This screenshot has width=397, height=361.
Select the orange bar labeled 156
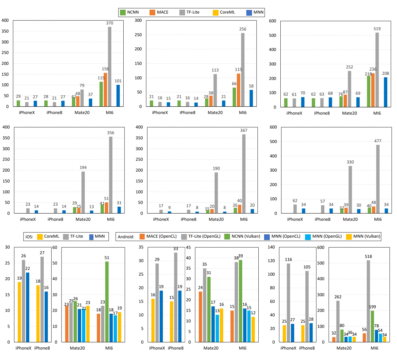105,90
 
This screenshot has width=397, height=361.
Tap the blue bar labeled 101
118,96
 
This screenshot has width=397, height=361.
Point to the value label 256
243,29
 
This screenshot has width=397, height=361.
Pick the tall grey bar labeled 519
377,70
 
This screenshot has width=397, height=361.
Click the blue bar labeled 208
385,92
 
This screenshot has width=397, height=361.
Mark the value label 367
244,130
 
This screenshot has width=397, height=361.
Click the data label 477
377,141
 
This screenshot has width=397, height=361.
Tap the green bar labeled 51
107,302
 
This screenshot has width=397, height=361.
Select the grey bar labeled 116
288,302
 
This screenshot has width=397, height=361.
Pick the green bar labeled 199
372,326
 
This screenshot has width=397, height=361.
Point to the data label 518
368,256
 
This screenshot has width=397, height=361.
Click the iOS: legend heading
29,237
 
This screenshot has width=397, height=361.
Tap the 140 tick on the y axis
271,247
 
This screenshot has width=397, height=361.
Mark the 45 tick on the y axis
188,247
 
